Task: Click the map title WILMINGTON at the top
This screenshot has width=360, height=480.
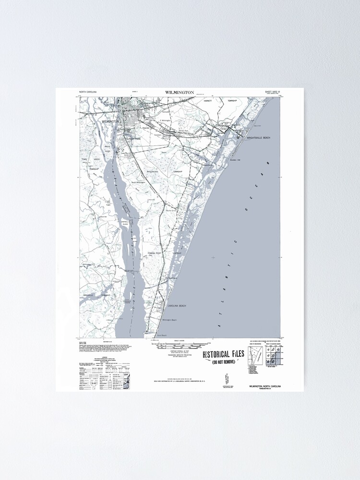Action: coord(180,92)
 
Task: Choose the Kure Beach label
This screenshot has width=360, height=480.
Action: coord(162,335)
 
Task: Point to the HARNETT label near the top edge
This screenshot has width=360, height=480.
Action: coord(207,102)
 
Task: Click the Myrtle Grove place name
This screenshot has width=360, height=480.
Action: coord(172,210)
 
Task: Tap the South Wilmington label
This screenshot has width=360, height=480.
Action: coord(138,182)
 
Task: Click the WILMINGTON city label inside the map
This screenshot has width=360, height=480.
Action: coord(110,122)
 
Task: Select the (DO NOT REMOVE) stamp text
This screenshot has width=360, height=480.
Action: coord(224,363)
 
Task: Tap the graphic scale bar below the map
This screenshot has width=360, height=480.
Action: coord(180,345)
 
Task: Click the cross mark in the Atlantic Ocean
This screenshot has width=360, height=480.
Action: coord(213,258)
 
